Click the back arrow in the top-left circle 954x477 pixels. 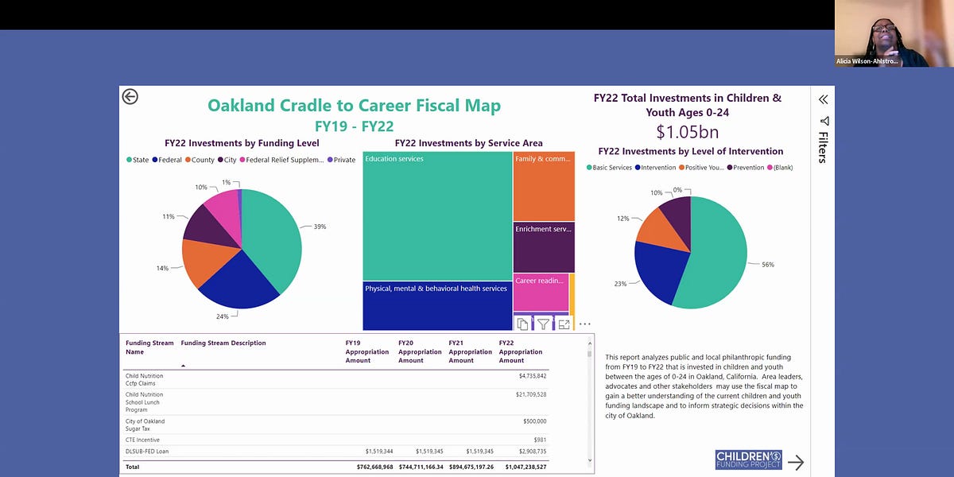pos(130,96)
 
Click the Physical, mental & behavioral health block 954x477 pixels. pos(437,306)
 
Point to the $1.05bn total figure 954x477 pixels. pos(687,132)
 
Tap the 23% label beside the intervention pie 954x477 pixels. pos(621,284)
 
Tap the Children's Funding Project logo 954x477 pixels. pos(748,460)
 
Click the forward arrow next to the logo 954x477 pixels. pos(796,462)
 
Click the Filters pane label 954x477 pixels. pos(823,147)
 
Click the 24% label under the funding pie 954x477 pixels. pos(223,316)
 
